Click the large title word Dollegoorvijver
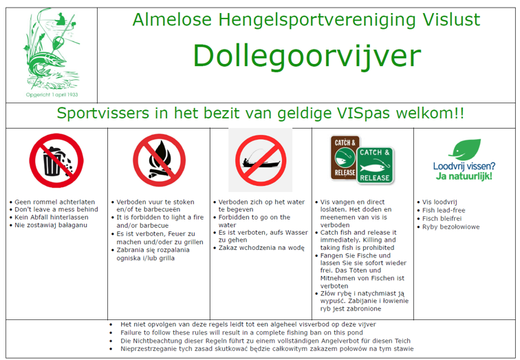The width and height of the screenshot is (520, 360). (307, 56)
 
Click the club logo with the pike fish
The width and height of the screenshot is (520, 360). (52, 49)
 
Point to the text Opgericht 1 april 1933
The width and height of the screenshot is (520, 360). (52, 94)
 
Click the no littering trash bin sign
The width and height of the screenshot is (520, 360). (56, 160)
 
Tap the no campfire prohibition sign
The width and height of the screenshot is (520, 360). (159, 160)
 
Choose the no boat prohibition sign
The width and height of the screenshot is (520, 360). (261, 160)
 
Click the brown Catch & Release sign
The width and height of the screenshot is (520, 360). (345, 158)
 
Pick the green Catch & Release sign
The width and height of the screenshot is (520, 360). (375, 165)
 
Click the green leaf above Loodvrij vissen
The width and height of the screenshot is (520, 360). (465, 149)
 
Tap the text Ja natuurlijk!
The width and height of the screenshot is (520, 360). (464, 176)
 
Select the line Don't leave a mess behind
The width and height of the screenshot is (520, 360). (56, 209)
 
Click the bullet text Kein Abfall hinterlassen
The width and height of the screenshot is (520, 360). (52, 218)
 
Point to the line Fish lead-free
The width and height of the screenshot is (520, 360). (444, 211)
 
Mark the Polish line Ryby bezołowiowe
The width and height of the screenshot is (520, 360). (451, 227)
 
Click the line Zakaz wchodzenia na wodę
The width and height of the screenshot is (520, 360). (261, 248)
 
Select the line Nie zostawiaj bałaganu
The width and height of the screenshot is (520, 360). (51, 225)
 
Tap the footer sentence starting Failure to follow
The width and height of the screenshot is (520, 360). (241, 332)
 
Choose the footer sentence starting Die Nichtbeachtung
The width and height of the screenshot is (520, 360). (266, 341)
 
